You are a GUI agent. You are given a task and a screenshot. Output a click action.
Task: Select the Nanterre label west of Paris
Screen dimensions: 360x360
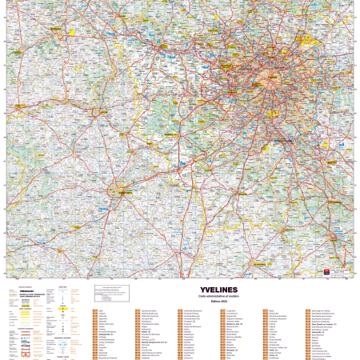[251, 72]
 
